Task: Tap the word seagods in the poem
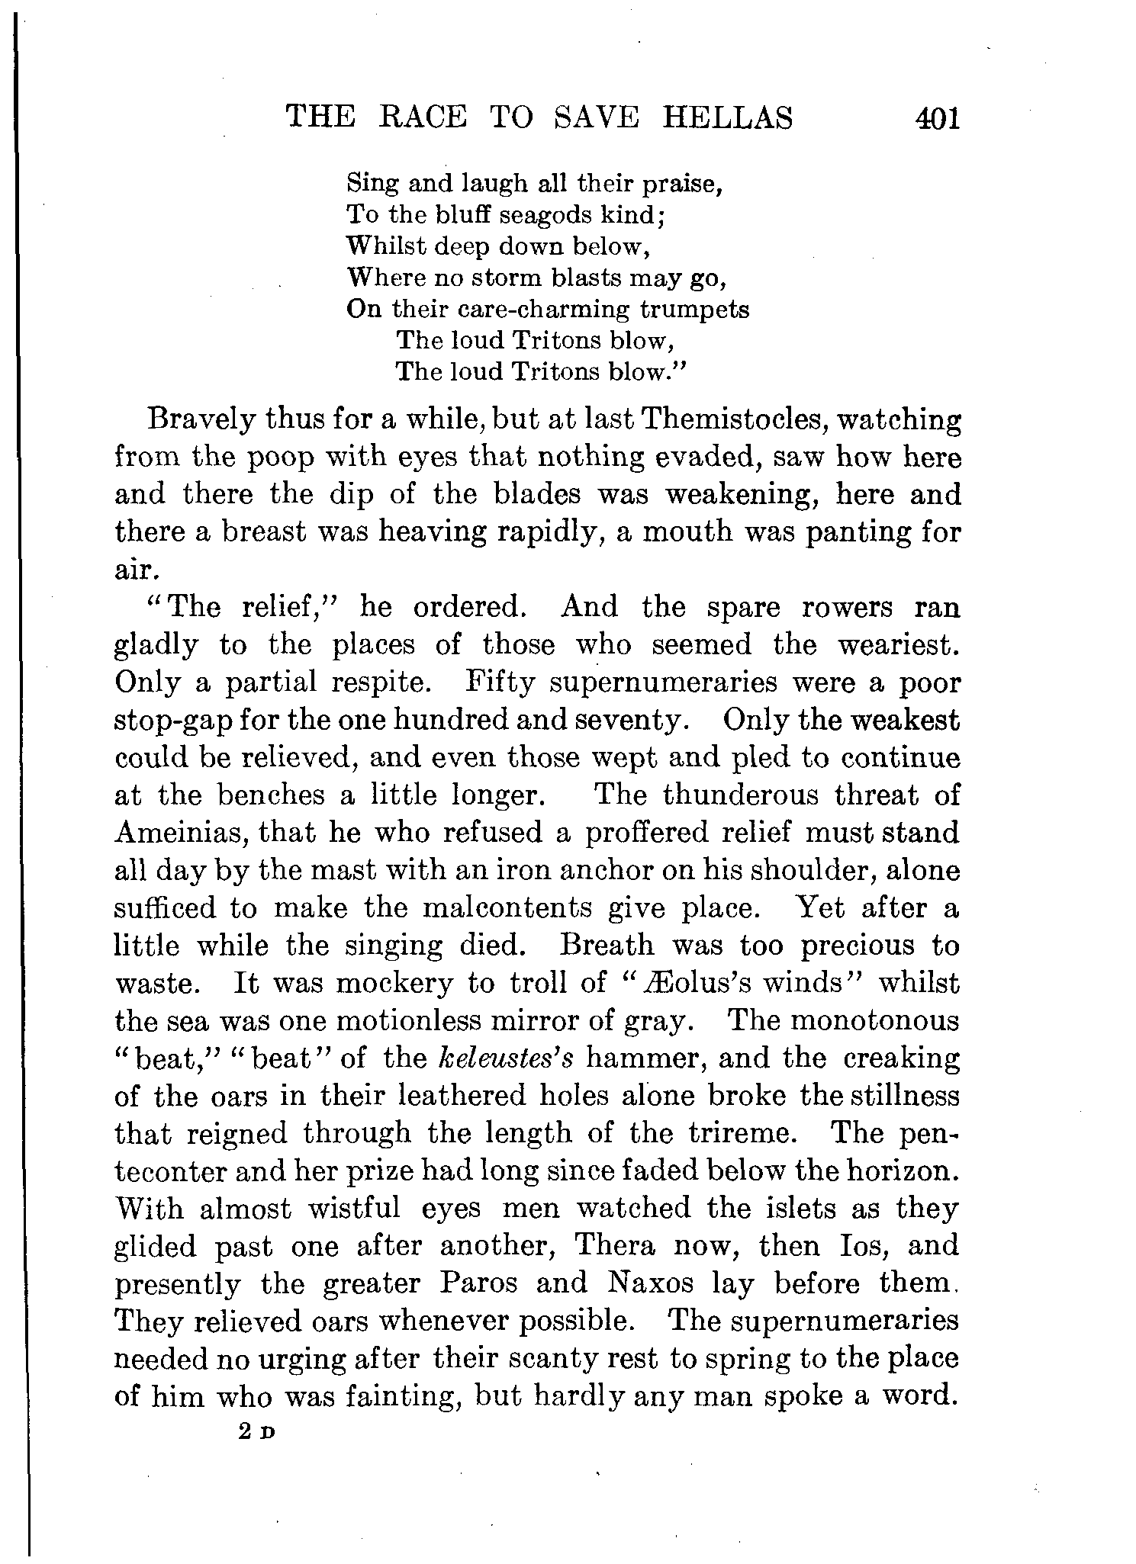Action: [542, 216]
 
